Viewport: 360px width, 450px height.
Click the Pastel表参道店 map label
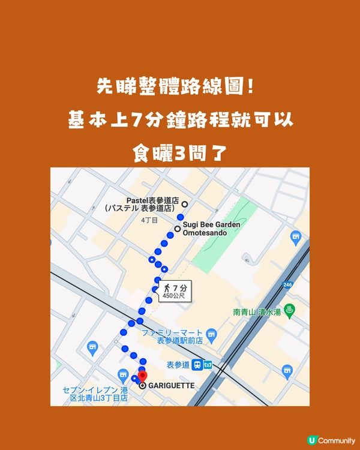(x=153, y=205)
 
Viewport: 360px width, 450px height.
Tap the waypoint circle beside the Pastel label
(x=185, y=204)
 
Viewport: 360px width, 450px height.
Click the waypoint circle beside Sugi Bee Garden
(x=178, y=229)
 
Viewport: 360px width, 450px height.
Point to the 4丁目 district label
(x=149, y=220)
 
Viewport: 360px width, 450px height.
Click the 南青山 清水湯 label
(x=258, y=311)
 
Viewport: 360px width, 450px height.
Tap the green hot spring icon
(x=290, y=311)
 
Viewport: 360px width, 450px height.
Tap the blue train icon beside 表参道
(x=207, y=365)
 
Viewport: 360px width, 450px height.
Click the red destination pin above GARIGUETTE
(x=142, y=377)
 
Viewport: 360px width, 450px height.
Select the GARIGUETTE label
(x=171, y=385)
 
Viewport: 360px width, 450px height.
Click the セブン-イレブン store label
(x=95, y=395)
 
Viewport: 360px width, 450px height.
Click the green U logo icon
(x=311, y=440)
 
